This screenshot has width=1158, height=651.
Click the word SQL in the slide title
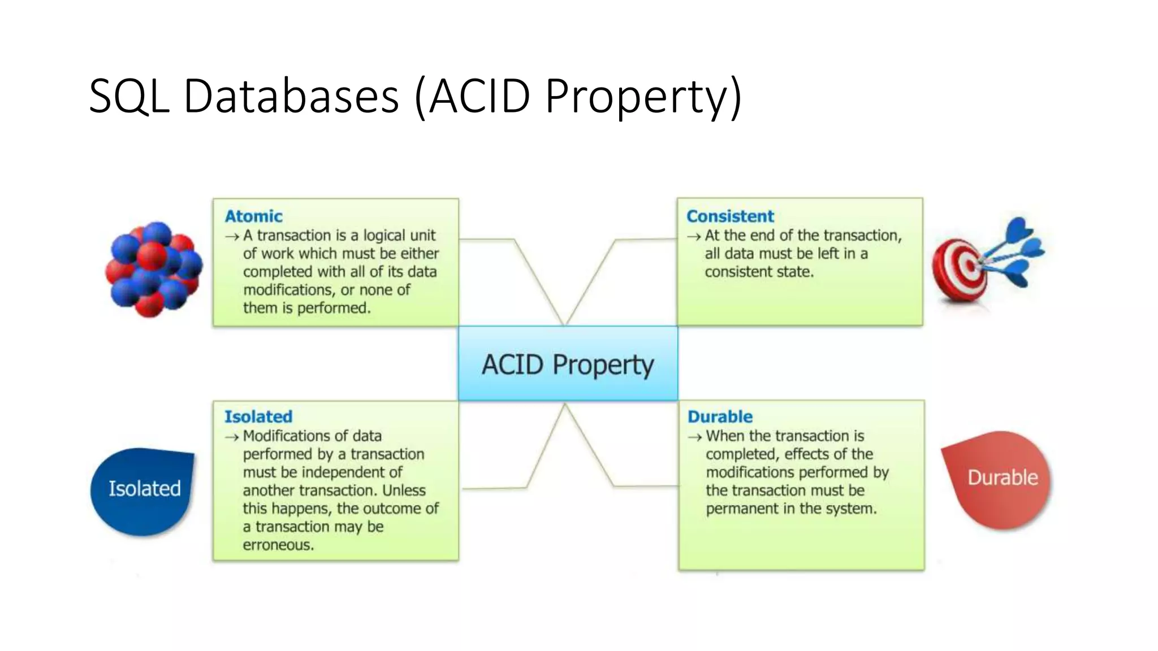tap(129, 96)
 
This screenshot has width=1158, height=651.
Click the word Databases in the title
tap(291, 96)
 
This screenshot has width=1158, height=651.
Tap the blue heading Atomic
tap(253, 216)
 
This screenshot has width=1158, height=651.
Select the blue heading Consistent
tap(730, 216)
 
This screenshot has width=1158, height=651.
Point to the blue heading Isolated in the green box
tap(258, 416)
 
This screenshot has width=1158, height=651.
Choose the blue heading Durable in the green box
tap(720, 416)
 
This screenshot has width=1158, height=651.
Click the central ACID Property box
tap(568, 364)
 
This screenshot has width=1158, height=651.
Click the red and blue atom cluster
tap(153, 269)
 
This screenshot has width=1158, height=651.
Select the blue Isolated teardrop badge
tap(144, 489)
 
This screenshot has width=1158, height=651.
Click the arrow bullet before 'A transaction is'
tap(232, 237)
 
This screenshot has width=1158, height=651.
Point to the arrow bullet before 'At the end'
tap(694, 237)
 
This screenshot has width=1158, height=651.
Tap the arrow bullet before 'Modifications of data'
tap(232, 437)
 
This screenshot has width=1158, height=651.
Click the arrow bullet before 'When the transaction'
tap(695, 437)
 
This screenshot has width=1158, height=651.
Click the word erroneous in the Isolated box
tap(278, 545)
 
